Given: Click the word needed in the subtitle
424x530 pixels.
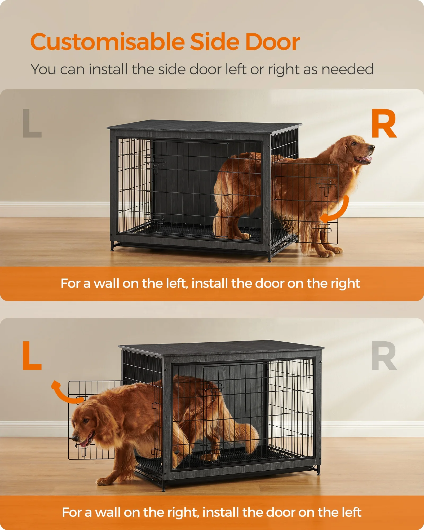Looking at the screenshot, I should click(x=347, y=69).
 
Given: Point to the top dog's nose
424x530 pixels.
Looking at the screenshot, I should click(x=372, y=147).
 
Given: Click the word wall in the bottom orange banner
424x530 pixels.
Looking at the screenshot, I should click(x=108, y=512).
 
